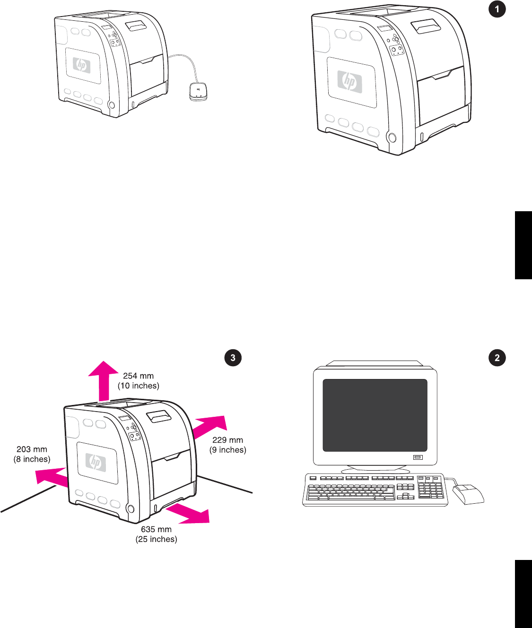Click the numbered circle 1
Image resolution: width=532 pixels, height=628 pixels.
coord(497,9)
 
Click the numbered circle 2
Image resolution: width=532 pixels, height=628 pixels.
coord(497,358)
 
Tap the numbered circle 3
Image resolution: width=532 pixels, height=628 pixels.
coord(233,358)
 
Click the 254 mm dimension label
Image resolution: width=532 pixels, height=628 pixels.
coord(138,376)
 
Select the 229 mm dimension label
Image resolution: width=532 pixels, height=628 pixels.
coord(227,440)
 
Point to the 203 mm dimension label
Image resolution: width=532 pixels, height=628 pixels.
coord(32,449)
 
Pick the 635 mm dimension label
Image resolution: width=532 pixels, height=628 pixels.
coord(156,529)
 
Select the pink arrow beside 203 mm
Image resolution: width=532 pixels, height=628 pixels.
coord(52,477)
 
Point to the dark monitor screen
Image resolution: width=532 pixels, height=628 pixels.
coord(375,415)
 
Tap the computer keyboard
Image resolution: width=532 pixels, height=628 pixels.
coord(375,489)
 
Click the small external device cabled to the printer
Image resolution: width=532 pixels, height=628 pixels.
coord(198,91)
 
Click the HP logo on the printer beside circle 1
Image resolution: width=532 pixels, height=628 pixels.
coord(349,81)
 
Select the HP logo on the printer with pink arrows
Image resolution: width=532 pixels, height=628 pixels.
coord(96,462)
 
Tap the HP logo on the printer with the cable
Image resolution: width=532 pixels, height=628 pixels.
coord(82,65)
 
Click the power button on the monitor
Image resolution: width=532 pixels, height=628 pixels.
coord(417,457)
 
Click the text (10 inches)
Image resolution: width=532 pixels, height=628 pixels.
coord(139,386)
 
